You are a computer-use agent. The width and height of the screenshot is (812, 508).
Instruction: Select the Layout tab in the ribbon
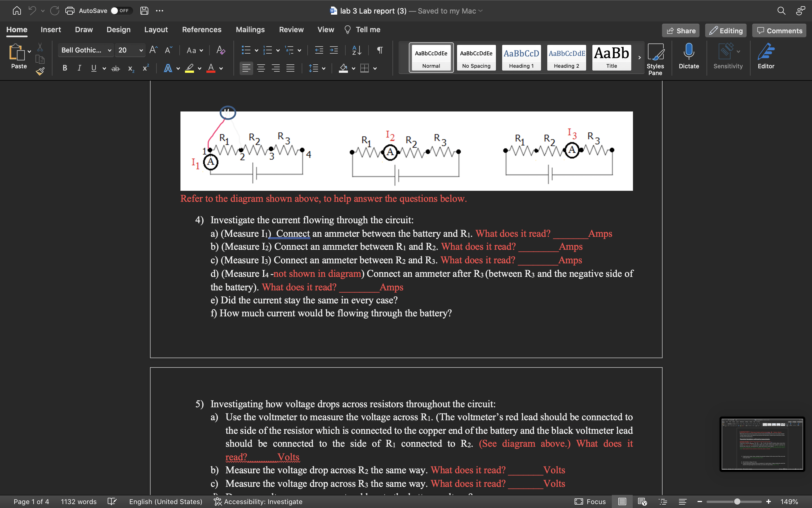pyautogui.click(x=156, y=30)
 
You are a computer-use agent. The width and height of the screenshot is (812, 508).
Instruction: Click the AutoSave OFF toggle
pyautogui.click(x=121, y=11)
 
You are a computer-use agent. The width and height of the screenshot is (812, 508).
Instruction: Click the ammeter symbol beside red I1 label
pyautogui.click(x=211, y=162)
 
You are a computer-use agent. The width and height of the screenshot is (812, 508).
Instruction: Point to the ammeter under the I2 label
pyautogui.click(x=390, y=152)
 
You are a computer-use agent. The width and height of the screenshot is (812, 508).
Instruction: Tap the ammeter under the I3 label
pyautogui.click(x=572, y=150)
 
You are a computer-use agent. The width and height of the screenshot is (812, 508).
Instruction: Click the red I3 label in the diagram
pyautogui.click(x=572, y=133)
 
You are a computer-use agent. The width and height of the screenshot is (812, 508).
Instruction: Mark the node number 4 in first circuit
pyautogui.click(x=309, y=155)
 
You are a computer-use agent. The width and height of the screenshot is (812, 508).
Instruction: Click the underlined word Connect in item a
pyautogui.click(x=293, y=233)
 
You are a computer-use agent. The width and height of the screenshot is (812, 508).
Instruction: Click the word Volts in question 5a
pyautogui.click(x=288, y=457)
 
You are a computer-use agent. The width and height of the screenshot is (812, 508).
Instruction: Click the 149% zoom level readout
pyautogui.click(x=789, y=501)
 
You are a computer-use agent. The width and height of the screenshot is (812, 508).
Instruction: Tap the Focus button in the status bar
pyautogui.click(x=591, y=501)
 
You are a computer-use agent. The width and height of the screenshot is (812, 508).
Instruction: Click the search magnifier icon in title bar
pyautogui.click(x=781, y=11)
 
